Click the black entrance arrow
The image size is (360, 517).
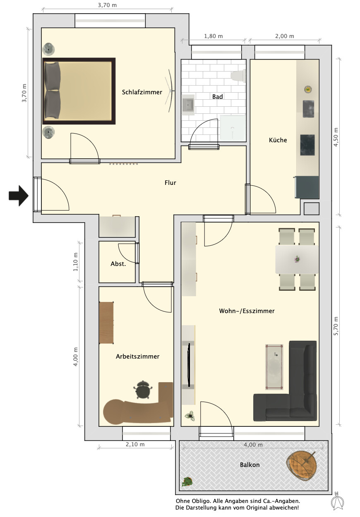click(x=19, y=196)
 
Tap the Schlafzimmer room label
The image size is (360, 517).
click(x=142, y=92)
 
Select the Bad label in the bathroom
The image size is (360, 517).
click(x=217, y=97)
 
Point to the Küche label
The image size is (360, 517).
click(x=278, y=140)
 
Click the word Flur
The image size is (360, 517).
click(x=170, y=183)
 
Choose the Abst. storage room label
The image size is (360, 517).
click(x=118, y=264)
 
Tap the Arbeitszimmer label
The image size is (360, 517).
click(x=137, y=357)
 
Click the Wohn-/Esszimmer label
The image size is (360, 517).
click(x=247, y=311)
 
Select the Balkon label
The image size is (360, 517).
click(x=250, y=465)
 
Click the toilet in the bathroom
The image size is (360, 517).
click(x=238, y=75)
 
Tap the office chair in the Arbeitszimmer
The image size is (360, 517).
click(x=143, y=390)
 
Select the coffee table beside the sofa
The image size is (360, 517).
click(x=274, y=367)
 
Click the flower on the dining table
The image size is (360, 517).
click(x=297, y=259)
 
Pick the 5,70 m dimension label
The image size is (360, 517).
click(x=336, y=326)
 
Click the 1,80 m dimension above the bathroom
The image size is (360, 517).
click(x=213, y=36)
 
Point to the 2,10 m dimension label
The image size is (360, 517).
click(x=135, y=444)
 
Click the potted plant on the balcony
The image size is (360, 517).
click(x=187, y=481)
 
